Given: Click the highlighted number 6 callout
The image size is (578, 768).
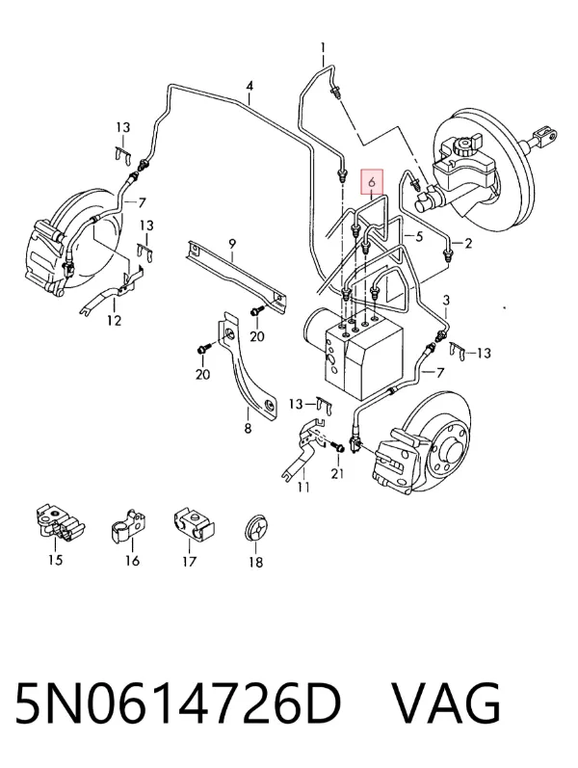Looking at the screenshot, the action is tap(372, 182).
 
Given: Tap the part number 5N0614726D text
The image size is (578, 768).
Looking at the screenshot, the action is tap(178, 703).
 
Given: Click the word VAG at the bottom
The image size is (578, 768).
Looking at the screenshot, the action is tap(447, 703).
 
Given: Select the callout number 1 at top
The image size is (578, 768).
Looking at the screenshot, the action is tap(323, 47).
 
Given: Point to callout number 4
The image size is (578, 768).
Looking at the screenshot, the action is tap(250, 86).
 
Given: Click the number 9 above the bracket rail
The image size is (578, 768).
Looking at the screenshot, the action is tap(232, 243).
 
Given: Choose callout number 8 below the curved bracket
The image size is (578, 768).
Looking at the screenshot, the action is tap(248, 428).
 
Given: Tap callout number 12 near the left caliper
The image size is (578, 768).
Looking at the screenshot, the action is tap(114, 320).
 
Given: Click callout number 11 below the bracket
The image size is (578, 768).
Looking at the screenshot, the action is tap(303, 487).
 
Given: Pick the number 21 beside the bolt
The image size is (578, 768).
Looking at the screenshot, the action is tap(337, 474).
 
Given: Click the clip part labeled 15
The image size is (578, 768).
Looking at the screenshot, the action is tap(61, 524).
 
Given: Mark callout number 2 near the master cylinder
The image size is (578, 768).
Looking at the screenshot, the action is tap(468, 243).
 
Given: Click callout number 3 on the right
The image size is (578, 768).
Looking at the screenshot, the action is tap(446, 300).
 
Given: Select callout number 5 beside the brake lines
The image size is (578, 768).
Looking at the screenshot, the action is tap(419, 237).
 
